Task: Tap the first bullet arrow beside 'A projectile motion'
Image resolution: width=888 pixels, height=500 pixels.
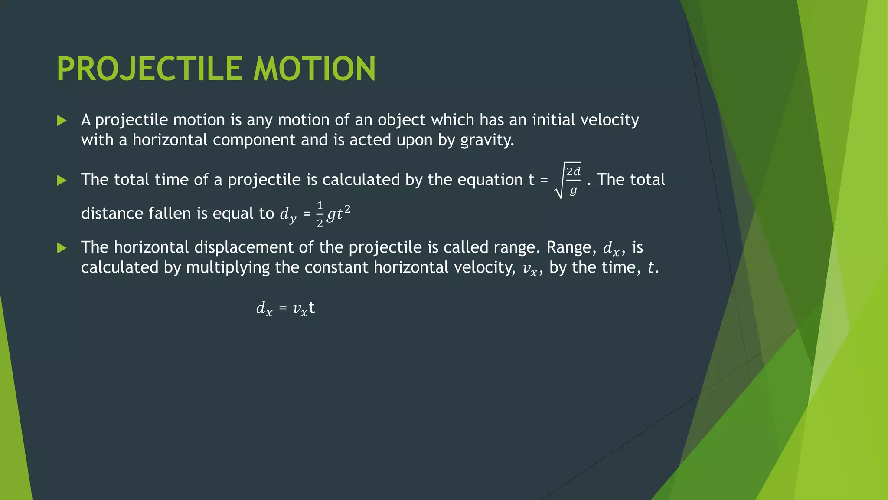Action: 62,121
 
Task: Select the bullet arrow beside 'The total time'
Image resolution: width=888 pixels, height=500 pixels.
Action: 62,180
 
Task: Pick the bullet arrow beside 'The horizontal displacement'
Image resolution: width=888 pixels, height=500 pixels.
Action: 62,248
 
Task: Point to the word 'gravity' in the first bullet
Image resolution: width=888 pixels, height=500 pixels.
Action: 486,140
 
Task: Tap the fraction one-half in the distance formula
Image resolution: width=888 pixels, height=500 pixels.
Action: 320,214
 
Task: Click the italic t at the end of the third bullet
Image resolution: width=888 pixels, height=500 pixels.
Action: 650,268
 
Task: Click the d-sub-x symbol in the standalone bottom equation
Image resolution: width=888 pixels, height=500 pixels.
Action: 264,309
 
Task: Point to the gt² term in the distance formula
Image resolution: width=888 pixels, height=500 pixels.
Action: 339,214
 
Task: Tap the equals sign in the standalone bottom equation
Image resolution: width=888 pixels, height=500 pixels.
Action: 283,308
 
